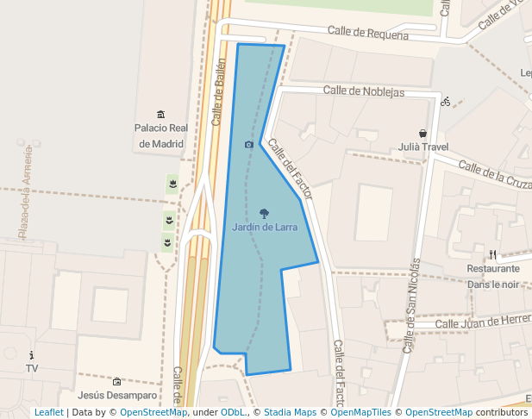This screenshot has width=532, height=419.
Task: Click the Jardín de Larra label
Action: click(265, 228)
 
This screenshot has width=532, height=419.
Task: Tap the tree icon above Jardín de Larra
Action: click(264, 212)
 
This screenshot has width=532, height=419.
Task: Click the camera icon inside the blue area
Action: click(249, 145)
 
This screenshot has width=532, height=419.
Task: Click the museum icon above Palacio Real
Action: click(160, 115)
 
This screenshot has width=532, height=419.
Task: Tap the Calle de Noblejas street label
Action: click(363, 91)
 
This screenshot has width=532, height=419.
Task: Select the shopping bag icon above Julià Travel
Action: click(422, 134)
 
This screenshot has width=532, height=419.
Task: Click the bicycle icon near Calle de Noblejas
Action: click(445, 101)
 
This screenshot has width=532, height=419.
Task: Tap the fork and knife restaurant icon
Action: click(492, 254)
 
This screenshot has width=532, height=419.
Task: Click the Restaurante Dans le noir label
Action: click(492, 276)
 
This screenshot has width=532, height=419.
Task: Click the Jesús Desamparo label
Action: click(117, 396)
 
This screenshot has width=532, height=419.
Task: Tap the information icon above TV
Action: click(32, 355)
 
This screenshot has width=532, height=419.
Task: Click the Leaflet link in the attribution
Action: click(48, 413)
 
